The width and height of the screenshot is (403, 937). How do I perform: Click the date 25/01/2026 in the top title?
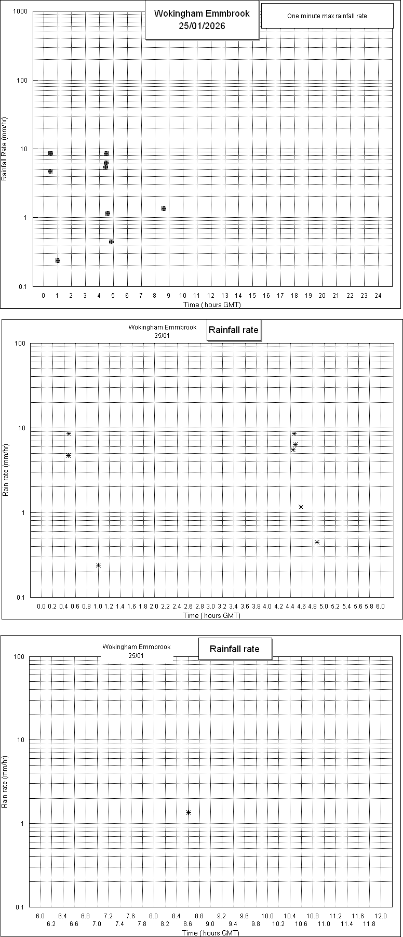[x=202, y=25]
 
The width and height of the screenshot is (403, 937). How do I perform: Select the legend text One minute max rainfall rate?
[x=327, y=16]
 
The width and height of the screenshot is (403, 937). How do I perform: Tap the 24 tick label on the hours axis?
[x=378, y=296]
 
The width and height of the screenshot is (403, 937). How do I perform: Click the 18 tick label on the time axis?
[x=294, y=296]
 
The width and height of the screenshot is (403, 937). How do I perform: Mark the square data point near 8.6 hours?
[x=164, y=208]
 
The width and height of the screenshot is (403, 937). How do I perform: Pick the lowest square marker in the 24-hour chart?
[x=58, y=260]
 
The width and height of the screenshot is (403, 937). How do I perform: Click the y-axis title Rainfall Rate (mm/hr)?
[x=4, y=149]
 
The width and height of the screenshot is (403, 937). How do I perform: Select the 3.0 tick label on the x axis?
[x=211, y=606]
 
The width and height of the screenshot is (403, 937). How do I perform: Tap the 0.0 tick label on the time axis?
[x=42, y=606]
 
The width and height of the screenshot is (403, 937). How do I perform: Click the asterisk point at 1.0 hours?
[x=98, y=565]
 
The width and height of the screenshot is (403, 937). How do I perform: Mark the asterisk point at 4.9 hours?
[x=317, y=542]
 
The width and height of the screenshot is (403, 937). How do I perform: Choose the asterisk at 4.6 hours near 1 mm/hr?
[x=301, y=507]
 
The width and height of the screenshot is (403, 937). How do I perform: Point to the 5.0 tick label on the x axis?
[x=324, y=606]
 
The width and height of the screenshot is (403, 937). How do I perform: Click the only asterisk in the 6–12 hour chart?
[x=189, y=812]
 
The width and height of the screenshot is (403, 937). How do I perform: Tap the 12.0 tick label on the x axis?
[x=381, y=916]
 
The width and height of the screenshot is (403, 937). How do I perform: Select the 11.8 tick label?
[x=369, y=923]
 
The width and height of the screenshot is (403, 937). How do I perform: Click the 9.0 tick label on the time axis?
[x=210, y=923]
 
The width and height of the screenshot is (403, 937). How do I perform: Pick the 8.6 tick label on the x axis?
[x=187, y=923]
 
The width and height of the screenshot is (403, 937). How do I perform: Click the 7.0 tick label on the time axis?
[x=97, y=923]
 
